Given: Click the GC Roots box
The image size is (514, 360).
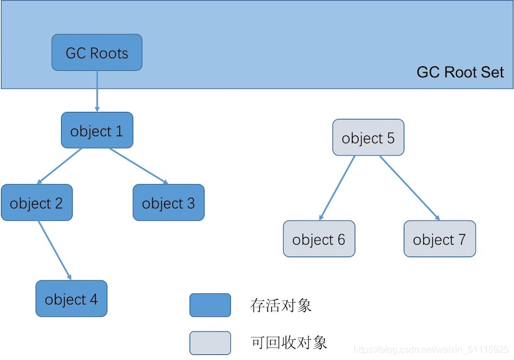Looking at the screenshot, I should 97,53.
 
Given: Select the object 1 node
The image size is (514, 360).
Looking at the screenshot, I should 97,130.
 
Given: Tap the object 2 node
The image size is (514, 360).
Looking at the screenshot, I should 37,202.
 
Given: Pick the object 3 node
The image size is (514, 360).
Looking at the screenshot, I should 168,202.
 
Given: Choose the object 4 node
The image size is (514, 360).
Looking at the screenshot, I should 71,298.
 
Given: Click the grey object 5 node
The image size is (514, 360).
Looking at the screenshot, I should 368,137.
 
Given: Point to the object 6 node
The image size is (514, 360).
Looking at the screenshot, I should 319,239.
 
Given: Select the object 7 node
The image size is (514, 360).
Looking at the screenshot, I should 440,239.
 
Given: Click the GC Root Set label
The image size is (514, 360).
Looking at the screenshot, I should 460,73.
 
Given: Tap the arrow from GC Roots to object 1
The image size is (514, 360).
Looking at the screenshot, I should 97,91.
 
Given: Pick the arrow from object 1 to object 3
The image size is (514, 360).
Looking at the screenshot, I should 138,166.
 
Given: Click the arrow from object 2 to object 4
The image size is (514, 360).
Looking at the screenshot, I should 54,250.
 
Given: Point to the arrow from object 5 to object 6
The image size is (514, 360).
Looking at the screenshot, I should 337,188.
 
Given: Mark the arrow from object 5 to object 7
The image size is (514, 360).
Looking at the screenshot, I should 409,188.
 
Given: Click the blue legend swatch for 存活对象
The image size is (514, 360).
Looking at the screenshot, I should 210,305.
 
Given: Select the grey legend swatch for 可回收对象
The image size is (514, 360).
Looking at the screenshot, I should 210,343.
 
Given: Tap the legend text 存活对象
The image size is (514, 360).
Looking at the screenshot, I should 281,305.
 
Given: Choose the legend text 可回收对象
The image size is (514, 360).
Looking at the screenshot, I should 289,343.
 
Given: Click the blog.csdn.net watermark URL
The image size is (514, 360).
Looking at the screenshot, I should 431,349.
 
